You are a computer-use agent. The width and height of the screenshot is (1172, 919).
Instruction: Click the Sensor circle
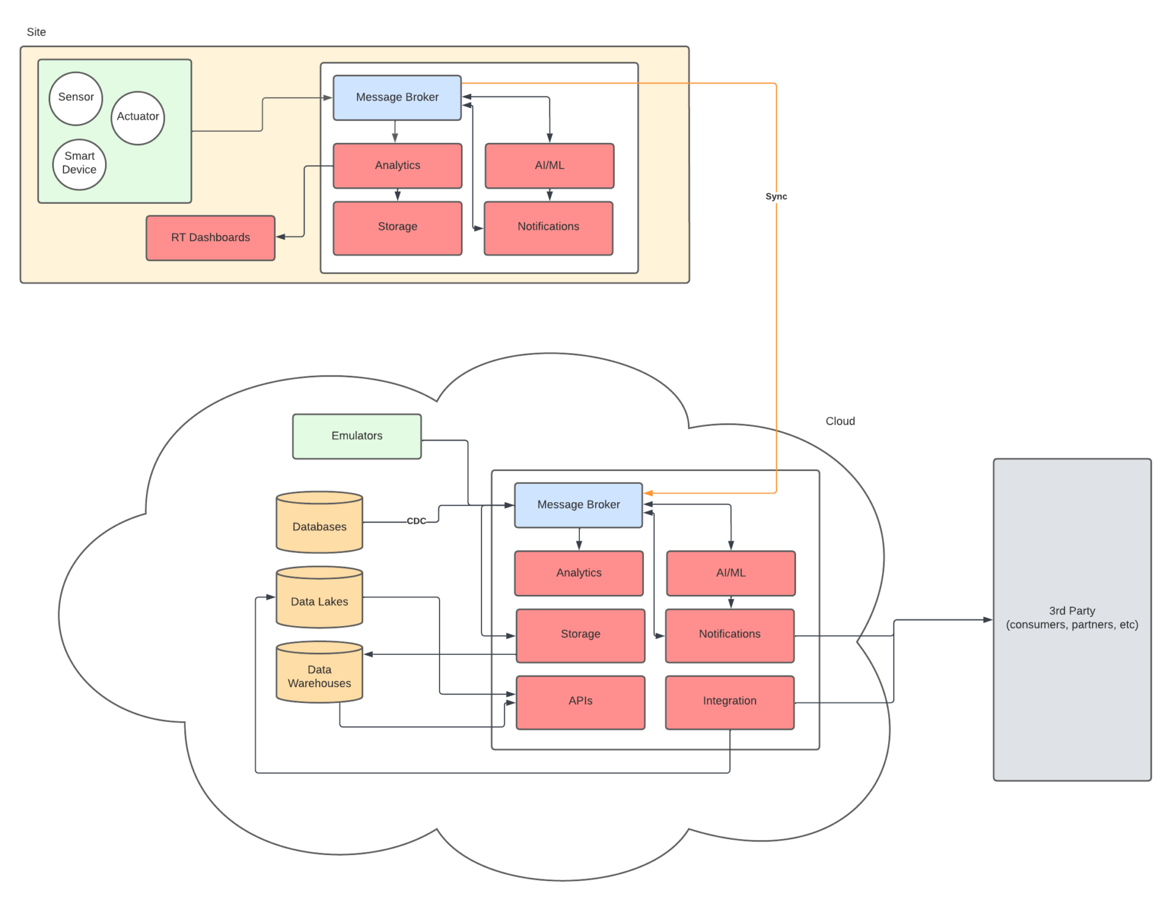[x=76, y=98]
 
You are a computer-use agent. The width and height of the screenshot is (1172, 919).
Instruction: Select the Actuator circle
[x=138, y=118]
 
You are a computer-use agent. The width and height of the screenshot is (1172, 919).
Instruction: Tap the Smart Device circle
[x=79, y=164]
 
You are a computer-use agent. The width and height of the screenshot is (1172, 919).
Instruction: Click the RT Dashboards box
[x=211, y=237]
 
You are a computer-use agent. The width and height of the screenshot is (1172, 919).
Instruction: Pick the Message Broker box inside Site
[x=397, y=98]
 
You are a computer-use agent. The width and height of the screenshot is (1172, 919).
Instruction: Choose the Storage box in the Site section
[x=397, y=228]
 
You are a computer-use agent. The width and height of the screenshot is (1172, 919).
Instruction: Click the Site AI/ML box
[x=549, y=165]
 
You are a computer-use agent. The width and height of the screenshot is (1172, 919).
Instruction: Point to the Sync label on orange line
[x=776, y=196]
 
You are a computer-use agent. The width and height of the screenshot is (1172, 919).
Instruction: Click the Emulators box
[x=357, y=436]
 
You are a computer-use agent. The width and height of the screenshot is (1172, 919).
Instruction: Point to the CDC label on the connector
[x=416, y=521]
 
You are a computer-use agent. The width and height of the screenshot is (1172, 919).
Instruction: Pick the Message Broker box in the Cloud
[x=578, y=505]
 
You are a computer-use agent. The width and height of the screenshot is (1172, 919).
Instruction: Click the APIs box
[x=580, y=702]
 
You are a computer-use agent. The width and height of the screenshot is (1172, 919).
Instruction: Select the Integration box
[x=729, y=702]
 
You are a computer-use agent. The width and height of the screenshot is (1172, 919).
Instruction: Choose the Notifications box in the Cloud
[x=729, y=635]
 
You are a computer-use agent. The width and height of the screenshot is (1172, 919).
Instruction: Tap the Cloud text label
[x=840, y=421]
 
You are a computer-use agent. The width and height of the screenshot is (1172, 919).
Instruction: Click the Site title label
[x=36, y=32]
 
